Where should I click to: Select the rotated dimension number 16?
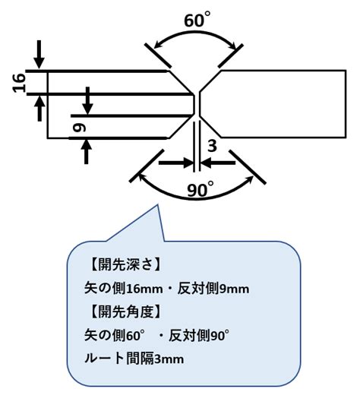pos(20,83)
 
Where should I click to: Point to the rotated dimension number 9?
pos(79,128)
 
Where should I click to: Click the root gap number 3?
pos(212,146)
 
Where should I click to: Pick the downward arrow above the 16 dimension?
pos(39,55)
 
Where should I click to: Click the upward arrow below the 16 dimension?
pos(39,108)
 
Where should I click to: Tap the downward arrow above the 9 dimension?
pos(87,101)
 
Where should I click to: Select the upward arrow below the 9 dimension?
pos(86,152)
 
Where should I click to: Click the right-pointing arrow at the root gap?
pos(176,163)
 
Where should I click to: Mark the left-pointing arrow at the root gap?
pos(218,163)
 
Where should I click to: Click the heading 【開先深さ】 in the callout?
pos(125,265)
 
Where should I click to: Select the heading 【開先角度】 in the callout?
pos(125,312)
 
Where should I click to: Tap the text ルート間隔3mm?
pos(134,359)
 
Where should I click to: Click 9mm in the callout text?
pos(235,289)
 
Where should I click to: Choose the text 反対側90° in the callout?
pos(199,335)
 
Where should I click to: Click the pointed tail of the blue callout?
pos(157,206)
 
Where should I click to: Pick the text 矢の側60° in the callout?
pos(115,335)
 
